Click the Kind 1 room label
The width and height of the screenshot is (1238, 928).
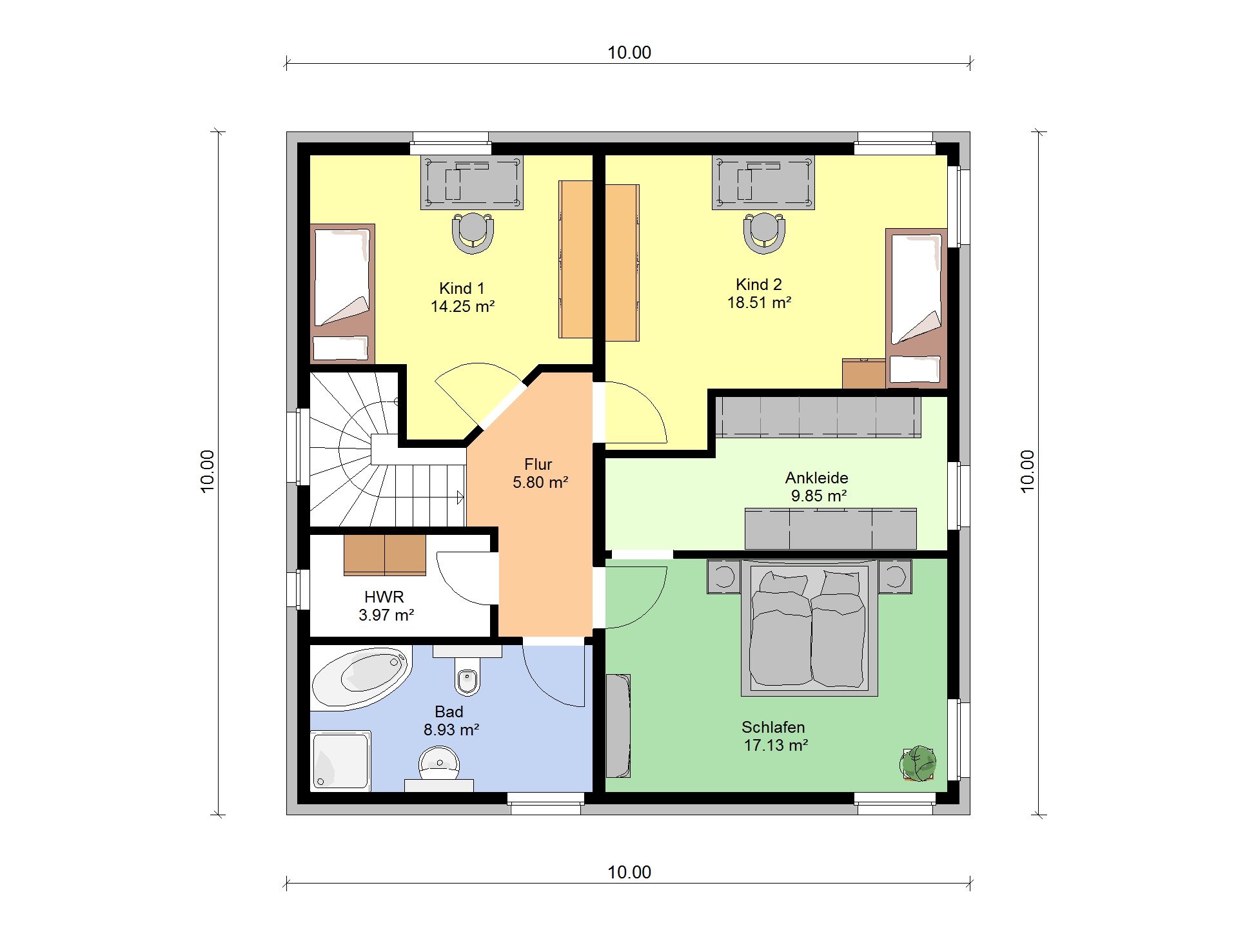(462, 288)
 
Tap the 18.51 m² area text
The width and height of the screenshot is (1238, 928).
(759, 303)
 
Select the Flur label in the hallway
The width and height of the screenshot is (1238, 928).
(538, 464)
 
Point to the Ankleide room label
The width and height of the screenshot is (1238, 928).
(816, 478)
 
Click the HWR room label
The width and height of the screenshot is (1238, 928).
(384, 597)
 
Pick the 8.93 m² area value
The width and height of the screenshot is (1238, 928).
(451, 730)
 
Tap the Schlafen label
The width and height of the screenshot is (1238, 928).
(773, 727)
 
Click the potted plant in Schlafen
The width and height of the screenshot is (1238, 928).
(918, 764)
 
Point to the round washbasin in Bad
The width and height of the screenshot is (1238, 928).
(439, 764)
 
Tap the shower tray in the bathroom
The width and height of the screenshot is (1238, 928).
(340, 760)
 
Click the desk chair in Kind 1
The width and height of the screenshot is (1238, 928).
(473, 233)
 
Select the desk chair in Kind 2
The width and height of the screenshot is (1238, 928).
(764, 233)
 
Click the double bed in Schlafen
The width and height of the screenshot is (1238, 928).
(809, 628)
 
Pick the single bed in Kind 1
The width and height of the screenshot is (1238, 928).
(342, 293)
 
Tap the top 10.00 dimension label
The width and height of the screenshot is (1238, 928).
(629, 52)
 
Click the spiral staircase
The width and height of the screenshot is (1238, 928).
(387, 449)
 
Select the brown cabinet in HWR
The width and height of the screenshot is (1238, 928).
(385, 554)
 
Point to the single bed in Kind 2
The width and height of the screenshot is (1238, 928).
(916, 308)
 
